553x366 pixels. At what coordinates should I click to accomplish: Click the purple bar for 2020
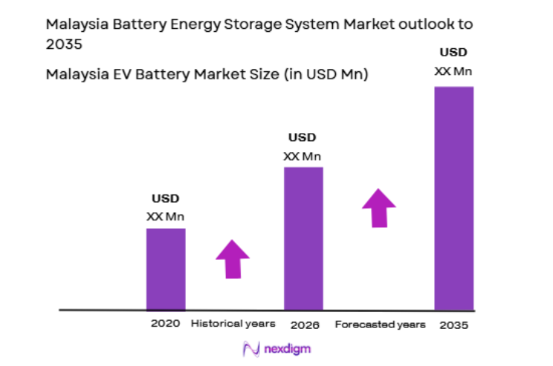166,268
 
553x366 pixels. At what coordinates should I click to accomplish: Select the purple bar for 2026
303,238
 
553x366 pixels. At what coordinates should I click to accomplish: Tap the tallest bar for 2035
453,197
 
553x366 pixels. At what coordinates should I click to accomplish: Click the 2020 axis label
166,324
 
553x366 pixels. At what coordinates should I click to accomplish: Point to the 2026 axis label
304,324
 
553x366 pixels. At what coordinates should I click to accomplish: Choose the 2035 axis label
453,325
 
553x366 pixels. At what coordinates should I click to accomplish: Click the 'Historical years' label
233,324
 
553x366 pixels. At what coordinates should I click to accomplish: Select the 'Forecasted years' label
381,324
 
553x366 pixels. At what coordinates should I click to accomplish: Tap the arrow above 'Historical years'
233,259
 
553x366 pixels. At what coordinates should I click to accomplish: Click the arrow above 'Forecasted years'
379,208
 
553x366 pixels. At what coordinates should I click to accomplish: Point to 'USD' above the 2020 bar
166,199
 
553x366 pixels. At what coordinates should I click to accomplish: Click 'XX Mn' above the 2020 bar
166,217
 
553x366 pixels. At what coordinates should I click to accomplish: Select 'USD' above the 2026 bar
303,137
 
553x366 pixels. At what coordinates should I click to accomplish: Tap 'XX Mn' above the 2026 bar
303,156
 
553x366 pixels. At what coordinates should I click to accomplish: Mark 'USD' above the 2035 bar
453,53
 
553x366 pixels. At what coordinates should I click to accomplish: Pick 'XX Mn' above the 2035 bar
453,71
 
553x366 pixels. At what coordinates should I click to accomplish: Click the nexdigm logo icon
250,349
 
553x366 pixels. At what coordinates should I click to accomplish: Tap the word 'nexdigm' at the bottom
287,349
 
